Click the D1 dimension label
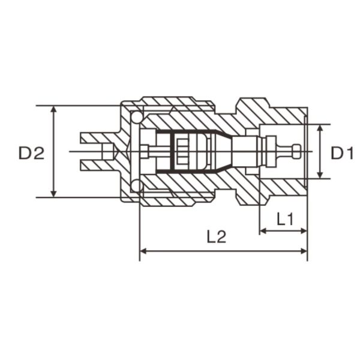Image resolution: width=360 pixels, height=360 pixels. point(343,153)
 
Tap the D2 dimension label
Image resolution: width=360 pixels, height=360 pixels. point(31,153)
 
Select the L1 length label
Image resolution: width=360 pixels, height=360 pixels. point(284,219)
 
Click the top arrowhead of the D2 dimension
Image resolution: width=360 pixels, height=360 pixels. point(55,110)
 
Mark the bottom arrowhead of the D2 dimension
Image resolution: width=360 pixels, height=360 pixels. point(55,193)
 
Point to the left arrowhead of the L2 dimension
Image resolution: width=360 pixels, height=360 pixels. point(143,253)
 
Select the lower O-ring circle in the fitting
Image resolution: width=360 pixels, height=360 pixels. point(137,187)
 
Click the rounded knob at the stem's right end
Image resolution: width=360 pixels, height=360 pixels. point(298,151)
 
